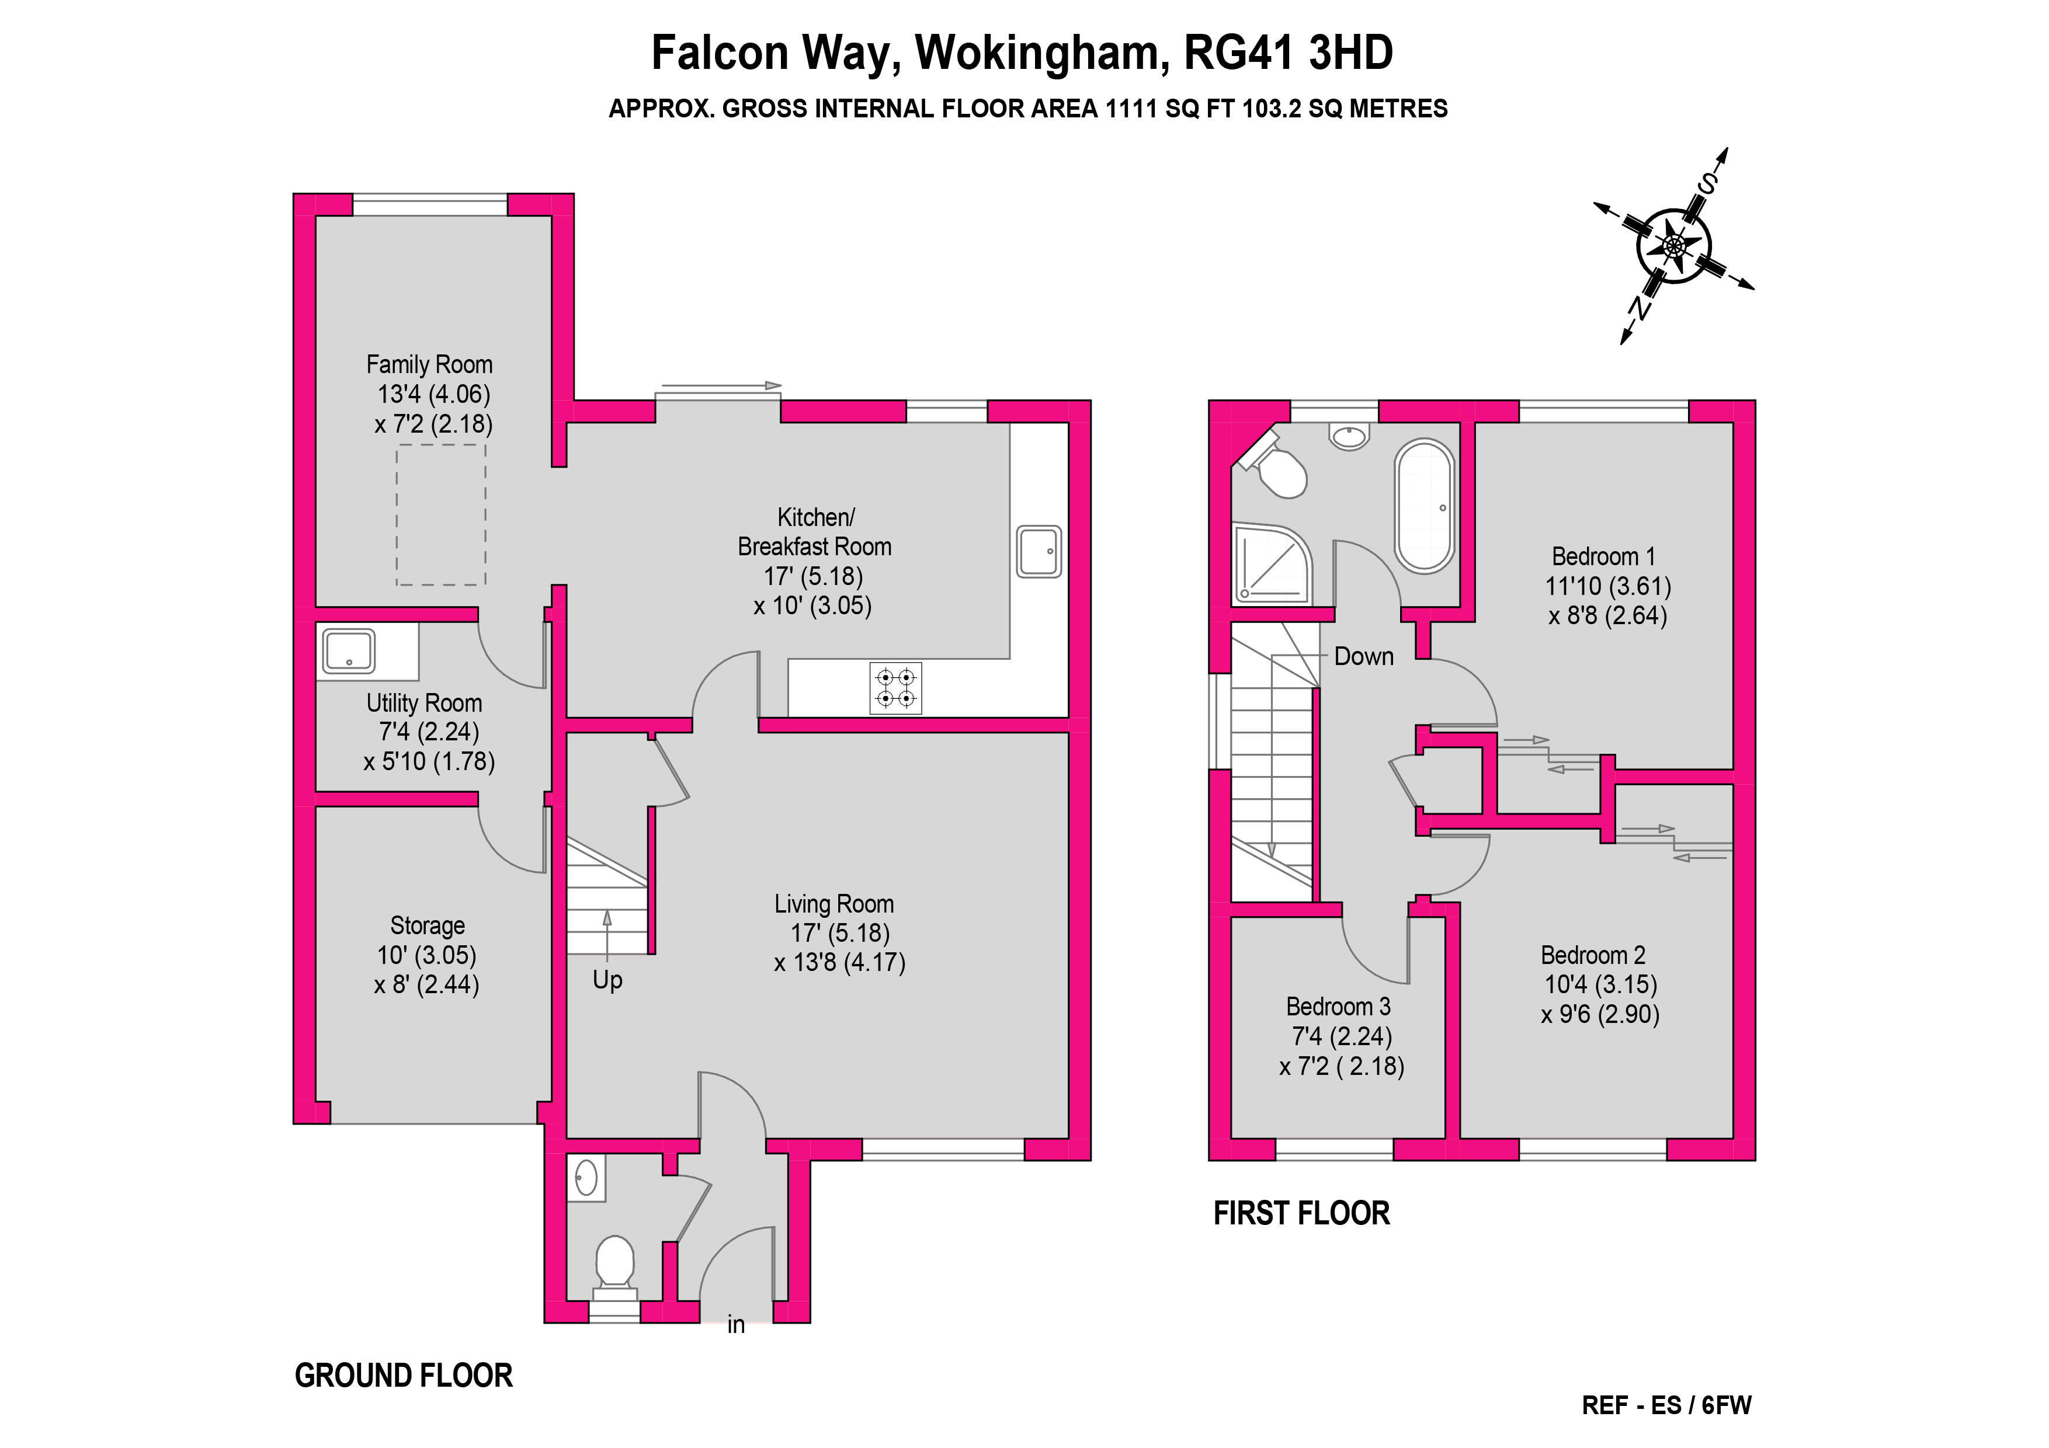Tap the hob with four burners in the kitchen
(x=896, y=688)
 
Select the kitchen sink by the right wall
(x=1039, y=551)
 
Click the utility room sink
(x=349, y=650)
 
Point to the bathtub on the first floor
(x=1425, y=506)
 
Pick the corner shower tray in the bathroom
(x=1272, y=563)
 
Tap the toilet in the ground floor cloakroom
(x=615, y=1267)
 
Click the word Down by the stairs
(x=1364, y=657)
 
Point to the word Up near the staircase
(x=607, y=980)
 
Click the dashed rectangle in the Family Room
(x=442, y=514)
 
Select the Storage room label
(x=428, y=925)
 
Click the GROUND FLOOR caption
(x=404, y=1376)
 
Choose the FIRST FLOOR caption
(x=1302, y=1213)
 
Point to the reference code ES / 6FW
(x=1701, y=1405)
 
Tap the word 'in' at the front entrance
(x=736, y=1325)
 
